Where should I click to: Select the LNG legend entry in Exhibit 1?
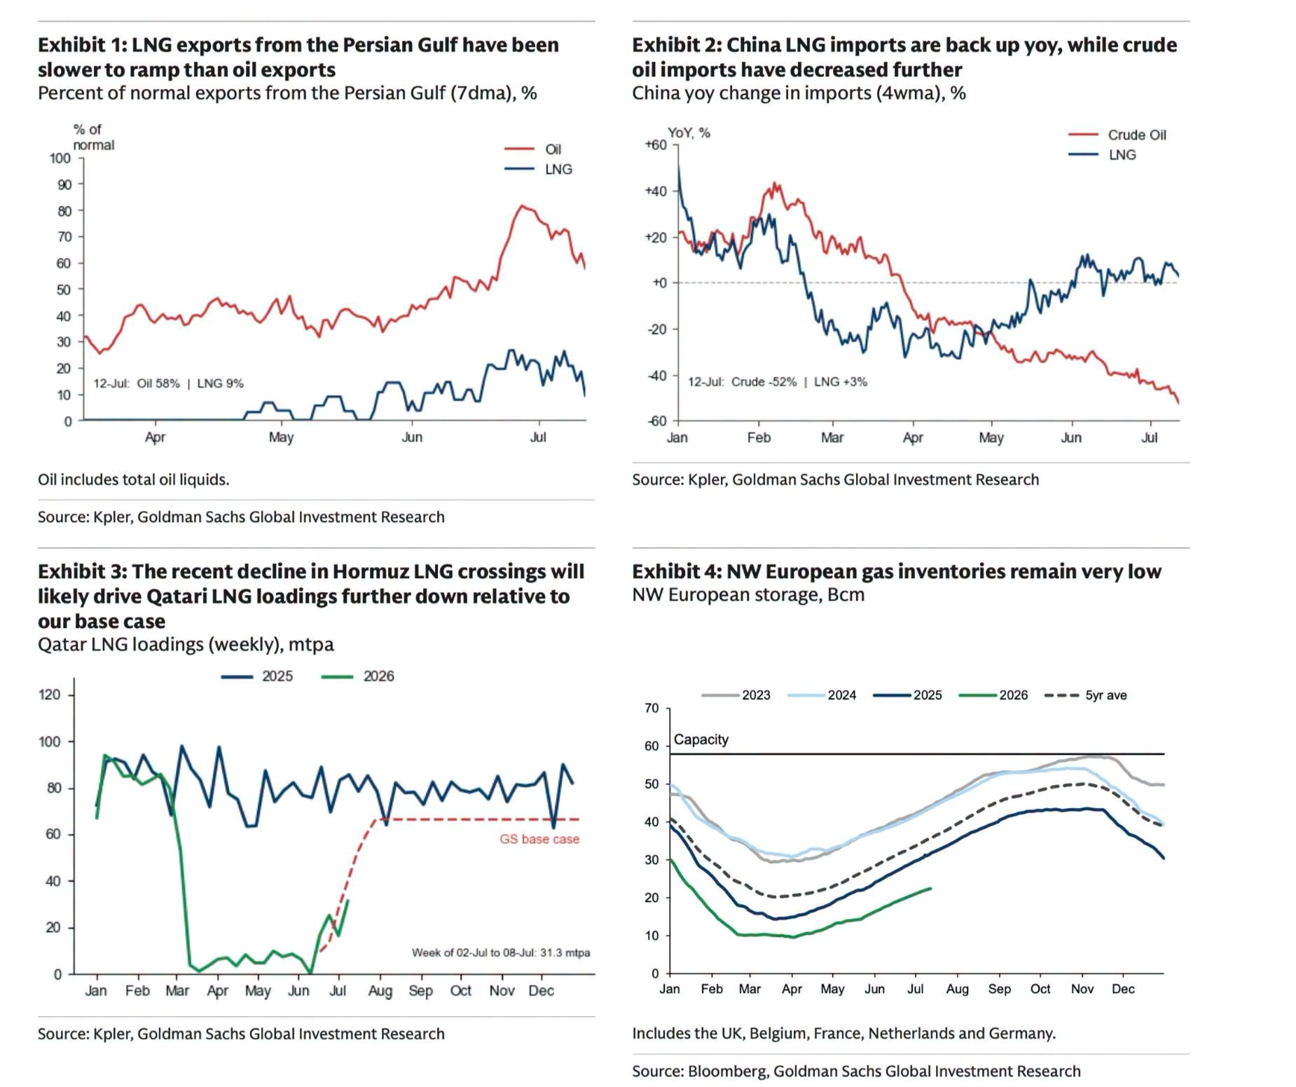[538, 169]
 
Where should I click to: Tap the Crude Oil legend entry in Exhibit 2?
[1117, 135]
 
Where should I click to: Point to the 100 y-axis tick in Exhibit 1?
[60, 158]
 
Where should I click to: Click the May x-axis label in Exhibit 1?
[281, 437]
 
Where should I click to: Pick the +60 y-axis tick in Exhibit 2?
[656, 144]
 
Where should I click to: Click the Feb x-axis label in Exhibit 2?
[759, 437]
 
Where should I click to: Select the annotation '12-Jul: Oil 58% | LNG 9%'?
[169, 383]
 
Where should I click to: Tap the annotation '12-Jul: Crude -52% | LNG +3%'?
[778, 382]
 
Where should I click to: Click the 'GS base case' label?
[539, 839]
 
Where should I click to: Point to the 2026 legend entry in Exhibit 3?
[357, 676]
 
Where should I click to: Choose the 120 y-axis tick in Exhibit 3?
[50, 695]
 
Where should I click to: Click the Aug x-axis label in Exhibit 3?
[380, 990]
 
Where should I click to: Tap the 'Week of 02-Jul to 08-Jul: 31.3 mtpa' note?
[501, 952]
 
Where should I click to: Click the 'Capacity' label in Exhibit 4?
[701, 739]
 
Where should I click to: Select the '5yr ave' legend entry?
[1085, 695]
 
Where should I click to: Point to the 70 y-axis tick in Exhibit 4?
[652, 708]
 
